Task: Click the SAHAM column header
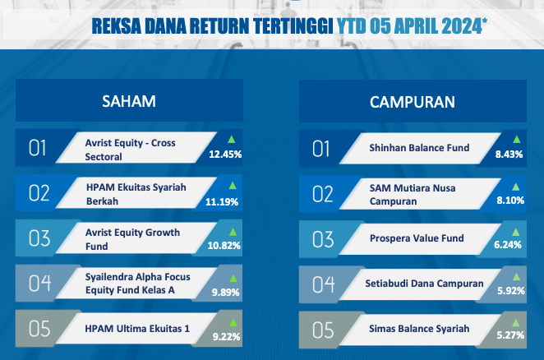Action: (129, 101)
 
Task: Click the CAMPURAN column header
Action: (413, 102)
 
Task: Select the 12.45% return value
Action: (225, 155)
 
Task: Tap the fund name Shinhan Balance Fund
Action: (419, 148)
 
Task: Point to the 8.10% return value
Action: (510, 201)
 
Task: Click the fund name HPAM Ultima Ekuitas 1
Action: (137, 329)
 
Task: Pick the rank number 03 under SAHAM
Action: (39, 238)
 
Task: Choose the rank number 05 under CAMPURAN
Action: (323, 330)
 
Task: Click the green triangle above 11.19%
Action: (233, 186)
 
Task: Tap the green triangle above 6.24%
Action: (516, 233)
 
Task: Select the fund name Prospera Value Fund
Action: (417, 238)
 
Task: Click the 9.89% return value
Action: (225, 293)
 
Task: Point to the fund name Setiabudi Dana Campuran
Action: (424, 284)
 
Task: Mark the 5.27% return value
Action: (510, 335)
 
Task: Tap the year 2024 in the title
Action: (462, 26)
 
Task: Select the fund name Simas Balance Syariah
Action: (419, 329)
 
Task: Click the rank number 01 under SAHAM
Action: (38, 148)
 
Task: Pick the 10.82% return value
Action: (224, 246)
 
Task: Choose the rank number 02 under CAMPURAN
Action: (323, 194)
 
